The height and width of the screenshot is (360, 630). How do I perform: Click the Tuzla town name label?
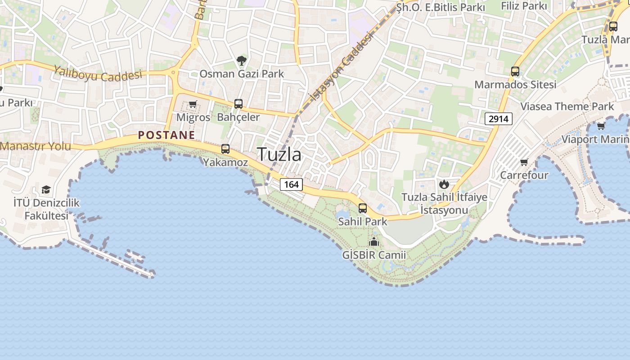279,154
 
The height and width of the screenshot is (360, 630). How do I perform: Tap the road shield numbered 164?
291,184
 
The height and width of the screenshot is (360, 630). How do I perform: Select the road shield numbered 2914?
499,119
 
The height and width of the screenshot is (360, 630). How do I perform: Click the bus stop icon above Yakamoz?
225,149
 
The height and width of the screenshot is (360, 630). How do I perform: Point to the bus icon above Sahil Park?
363,208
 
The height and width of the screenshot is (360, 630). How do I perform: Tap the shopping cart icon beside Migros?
193,104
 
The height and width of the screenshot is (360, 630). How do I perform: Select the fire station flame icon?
444,184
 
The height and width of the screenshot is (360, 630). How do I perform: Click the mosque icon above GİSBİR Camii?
374,242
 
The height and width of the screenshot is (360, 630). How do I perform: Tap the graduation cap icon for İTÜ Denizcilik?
46,189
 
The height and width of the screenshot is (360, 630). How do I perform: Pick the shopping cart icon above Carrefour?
524,162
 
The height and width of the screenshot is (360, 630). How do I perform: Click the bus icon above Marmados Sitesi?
515,72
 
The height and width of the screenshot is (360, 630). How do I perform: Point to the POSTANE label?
166,135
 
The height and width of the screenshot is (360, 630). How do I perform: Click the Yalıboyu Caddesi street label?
98,74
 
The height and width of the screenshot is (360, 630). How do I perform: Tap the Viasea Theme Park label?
567,107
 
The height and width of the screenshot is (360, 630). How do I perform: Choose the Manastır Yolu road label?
36,146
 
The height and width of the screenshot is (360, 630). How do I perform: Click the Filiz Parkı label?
524,6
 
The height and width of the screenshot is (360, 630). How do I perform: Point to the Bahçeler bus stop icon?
238,104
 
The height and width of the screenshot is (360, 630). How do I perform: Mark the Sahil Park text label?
363,221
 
